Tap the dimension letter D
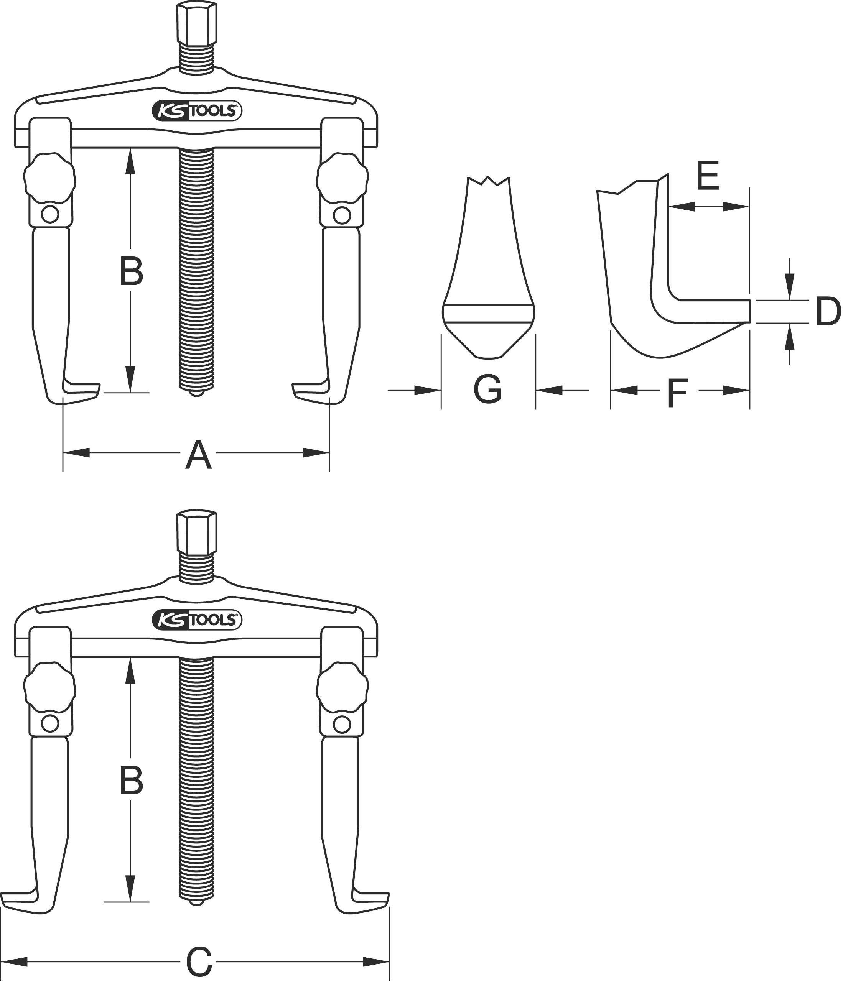[827, 311]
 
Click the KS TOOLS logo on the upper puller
[197, 111]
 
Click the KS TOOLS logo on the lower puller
[197, 620]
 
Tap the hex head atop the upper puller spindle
[196, 23]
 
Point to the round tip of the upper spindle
[196, 393]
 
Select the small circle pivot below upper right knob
[342, 215]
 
